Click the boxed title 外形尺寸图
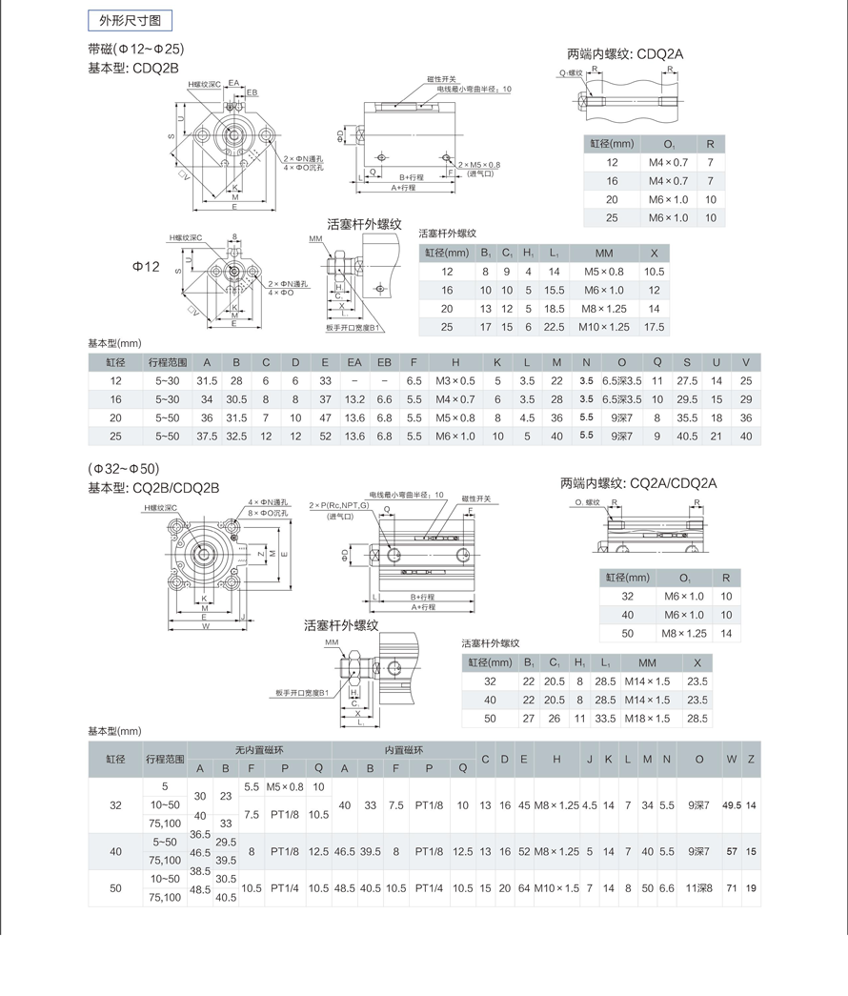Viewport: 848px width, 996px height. tap(130, 19)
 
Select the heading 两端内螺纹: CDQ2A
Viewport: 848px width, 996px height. tap(624, 54)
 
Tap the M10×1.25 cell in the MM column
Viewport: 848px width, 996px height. tap(604, 327)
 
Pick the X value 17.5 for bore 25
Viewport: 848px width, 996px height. tap(654, 327)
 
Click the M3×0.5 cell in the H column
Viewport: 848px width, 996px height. tap(455, 380)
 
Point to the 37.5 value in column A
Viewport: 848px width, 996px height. tap(206, 436)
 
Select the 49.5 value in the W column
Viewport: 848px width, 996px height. tap(732, 805)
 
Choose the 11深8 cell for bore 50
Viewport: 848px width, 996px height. tap(699, 888)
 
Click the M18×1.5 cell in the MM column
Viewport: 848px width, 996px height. tap(647, 718)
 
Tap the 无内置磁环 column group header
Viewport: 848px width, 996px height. tap(259, 750)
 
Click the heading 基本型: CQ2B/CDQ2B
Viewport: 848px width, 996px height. tap(153, 487)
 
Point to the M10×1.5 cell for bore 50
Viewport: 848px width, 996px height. tap(556, 888)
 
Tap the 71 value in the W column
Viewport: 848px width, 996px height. tap(732, 888)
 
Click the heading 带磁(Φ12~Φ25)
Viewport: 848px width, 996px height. tap(135, 49)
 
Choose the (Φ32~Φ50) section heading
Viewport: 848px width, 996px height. tap(124, 469)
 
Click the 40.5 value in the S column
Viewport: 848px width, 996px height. tap(687, 436)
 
